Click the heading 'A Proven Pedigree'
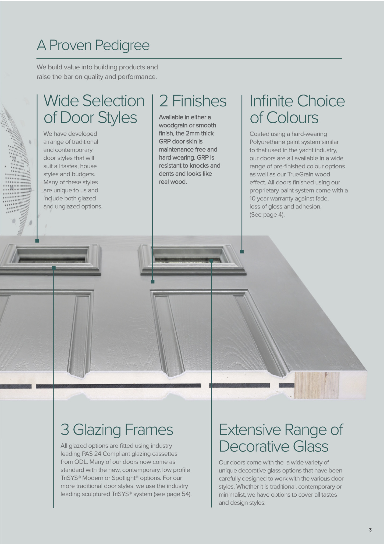tap(93, 45)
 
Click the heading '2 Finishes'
tap(193, 101)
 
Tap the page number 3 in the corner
tap(370, 530)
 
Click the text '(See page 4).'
tap(267, 215)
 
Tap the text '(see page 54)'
tap(172, 494)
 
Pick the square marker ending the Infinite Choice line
tap(242, 252)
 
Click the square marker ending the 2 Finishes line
tap(153, 282)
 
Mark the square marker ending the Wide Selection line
tap(37, 241)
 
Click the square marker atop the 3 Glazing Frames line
tap(54, 268)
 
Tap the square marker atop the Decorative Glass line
tap(211, 261)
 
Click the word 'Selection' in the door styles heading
tap(113, 101)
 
